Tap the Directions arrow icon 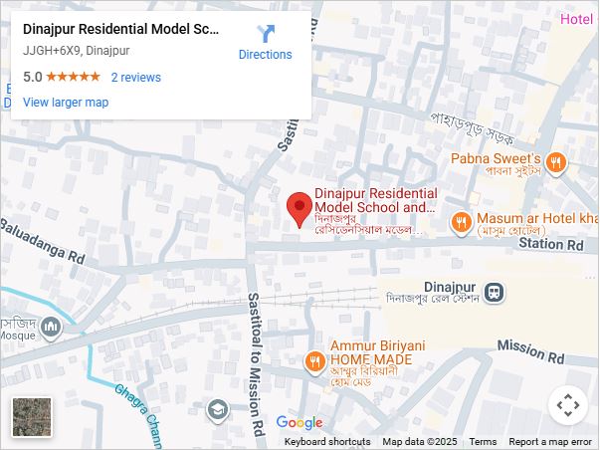(266, 35)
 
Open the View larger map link (66, 103)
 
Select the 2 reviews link (135, 78)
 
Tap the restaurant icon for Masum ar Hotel (461, 223)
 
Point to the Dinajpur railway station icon (494, 293)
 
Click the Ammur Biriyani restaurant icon (314, 360)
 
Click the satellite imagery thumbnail (32, 417)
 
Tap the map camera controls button (568, 405)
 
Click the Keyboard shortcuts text (327, 442)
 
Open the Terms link (483, 442)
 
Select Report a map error (550, 442)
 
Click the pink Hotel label (576, 20)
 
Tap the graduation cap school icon (217, 409)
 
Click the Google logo (299, 423)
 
